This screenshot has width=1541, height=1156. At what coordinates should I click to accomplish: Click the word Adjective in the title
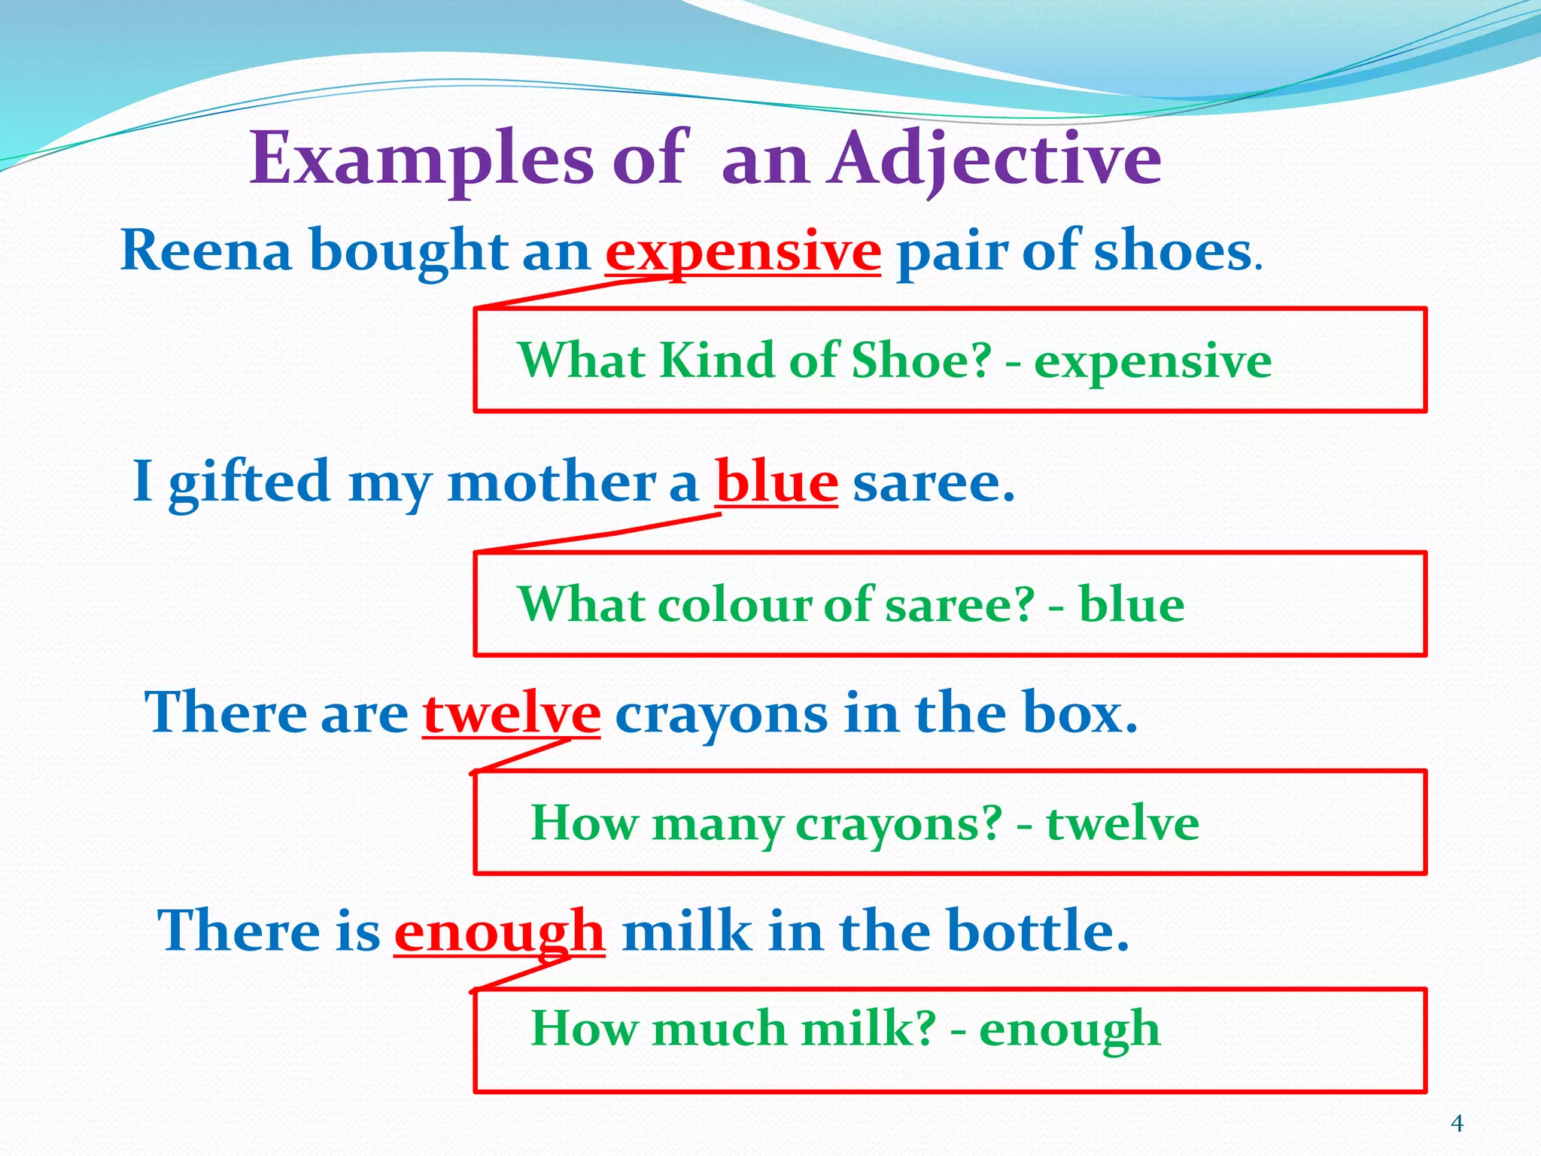(x=995, y=160)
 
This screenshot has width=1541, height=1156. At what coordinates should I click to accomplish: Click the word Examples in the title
(x=421, y=160)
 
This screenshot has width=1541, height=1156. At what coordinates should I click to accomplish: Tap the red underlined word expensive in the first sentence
(x=743, y=251)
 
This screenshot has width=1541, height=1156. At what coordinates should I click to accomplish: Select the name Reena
(x=205, y=251)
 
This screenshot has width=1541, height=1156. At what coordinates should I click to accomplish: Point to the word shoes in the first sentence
(x=1172, y=251)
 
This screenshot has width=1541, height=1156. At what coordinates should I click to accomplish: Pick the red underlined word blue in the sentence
(x=777, y=482)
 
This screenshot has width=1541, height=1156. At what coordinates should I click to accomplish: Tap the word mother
(x=552, y=482)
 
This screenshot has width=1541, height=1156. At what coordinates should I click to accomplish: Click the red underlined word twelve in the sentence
(x=512, y=713)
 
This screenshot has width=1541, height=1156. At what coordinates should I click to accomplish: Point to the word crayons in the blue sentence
(x=721, y=713)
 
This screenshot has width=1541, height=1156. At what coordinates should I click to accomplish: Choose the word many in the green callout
(x=716, y=823)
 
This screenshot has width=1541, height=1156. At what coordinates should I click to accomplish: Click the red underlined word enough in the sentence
(x=500, y=932)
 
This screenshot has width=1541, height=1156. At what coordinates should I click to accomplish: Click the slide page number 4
(x=1457, y=1124)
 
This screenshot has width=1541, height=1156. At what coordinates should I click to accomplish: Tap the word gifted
(x=249, y=482)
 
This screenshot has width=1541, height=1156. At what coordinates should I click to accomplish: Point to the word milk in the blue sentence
(x=686, y=932)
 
